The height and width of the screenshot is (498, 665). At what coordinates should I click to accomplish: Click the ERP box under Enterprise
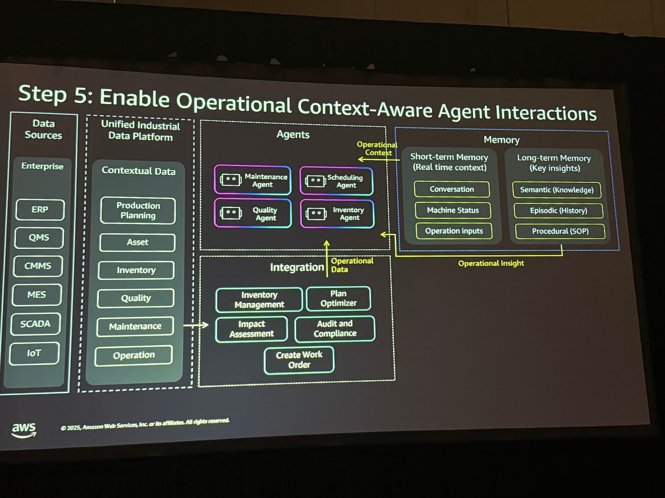pyautogui.click(x=40, y=209)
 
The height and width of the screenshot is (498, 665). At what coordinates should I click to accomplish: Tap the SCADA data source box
pyautogui.click(x=35, y=324)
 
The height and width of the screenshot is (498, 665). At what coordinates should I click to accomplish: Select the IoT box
pyautogui.click(x=34, y=353)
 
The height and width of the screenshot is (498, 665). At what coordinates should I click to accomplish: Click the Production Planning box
pyautogui.click(x=138, y=210)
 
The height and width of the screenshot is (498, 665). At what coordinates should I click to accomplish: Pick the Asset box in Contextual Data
pyautogui.click(x=137, y=242)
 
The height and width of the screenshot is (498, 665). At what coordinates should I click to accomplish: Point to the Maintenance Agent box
pyautogui.click(x=253, y=180)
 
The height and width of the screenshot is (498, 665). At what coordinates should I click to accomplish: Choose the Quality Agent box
pyautogui.click(x=253, y=213)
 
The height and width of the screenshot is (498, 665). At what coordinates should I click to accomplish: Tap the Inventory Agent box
pyautogui.click(x=337, y=214)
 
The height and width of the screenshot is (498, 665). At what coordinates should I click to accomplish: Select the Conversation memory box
pyautogui.click(x=452, y=189)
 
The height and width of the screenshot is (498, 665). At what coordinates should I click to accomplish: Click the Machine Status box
pyautogui.click(x=453, y=210)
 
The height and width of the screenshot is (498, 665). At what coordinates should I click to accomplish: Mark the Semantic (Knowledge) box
pyautogui.click(x=557, y=190)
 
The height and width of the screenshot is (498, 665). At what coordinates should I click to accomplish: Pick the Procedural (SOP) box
pyautogui.click(x=560, y=231)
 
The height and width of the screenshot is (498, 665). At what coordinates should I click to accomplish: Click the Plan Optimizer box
pyautogui.click(x=338, y=298)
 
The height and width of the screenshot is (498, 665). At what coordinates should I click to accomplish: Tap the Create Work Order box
pyautogui.click(x=299, y=360)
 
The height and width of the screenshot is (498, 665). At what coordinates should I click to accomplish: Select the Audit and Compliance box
pyautogui.click(x=335, y=328)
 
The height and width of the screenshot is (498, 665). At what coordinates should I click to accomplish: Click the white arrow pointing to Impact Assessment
pyautogui.click(x=196, y=325)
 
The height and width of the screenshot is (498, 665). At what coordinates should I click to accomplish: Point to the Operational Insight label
pyautogui.click(x=491, y=263)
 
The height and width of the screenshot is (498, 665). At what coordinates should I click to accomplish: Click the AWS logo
pyautogui.click(x=24, y=429)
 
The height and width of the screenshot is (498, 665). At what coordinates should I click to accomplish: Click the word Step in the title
pyautogui.click(x=43, y=94)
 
